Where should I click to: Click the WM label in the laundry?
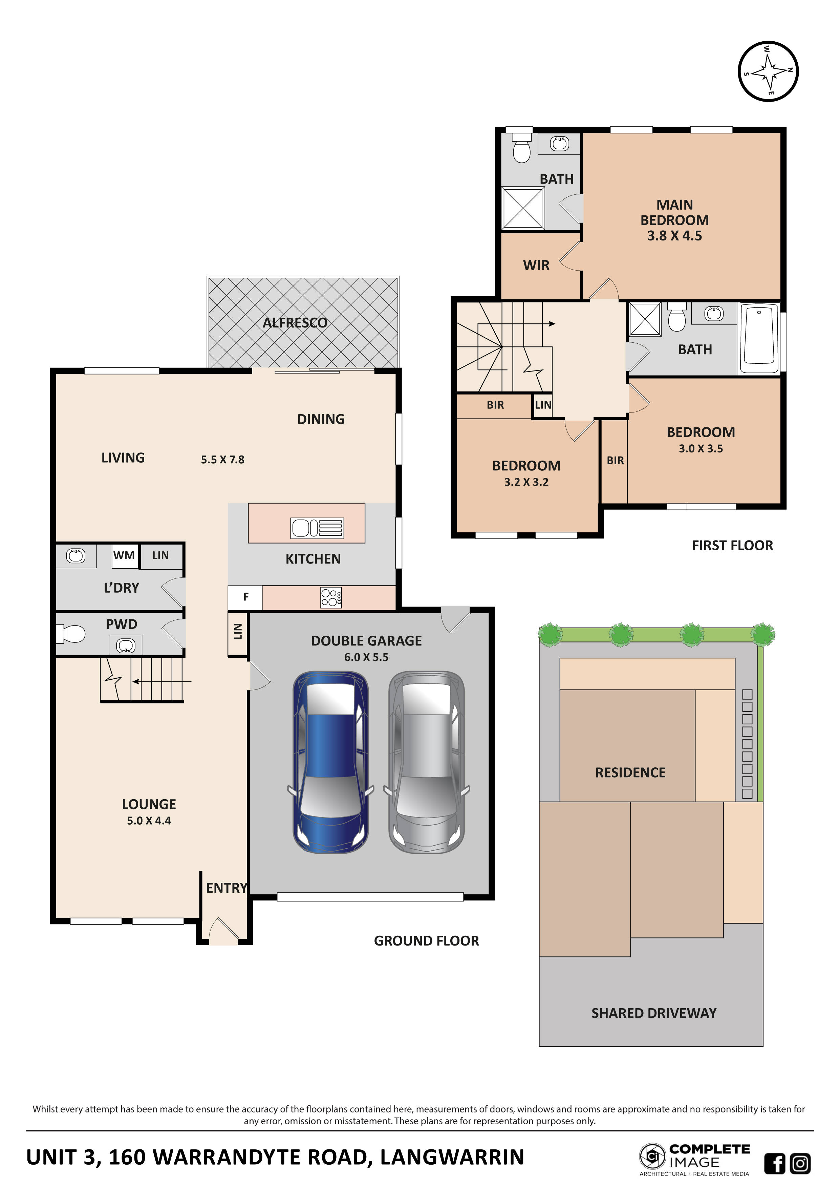124,555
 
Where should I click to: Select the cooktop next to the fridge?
331,598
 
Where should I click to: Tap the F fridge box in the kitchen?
246,597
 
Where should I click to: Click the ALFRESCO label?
295,323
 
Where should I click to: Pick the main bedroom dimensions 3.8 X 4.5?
674,236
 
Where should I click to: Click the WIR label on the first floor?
536,266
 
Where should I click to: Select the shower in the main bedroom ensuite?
523,208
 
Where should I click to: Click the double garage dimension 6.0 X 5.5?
366,657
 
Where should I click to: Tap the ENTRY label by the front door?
226,888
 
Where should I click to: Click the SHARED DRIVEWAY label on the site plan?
654,1013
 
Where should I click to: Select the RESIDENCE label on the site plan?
630,772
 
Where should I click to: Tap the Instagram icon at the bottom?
800,1163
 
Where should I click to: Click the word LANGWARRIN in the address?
452,1158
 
